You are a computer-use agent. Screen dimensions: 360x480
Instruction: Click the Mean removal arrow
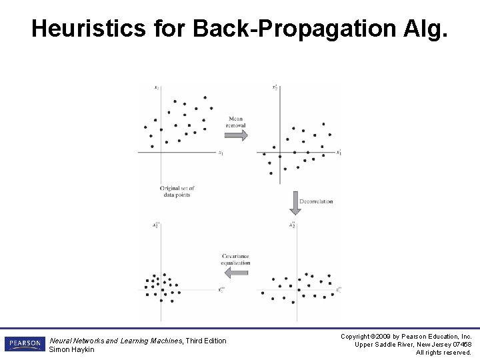(x=235, y=135)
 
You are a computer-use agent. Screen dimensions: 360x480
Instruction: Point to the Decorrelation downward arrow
(x=295, y=202)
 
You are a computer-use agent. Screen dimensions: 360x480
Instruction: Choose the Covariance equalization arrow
(x=235, y=273)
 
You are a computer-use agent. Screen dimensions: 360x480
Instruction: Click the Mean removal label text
(x=236, y=122)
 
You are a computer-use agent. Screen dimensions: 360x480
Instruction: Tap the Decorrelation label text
(x=316, y=201)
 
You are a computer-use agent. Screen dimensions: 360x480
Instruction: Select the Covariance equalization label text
(x=235, y=259)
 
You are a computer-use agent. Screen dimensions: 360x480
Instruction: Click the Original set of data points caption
(x=175, y=192)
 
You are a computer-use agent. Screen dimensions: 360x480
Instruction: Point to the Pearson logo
(x=25, y=343)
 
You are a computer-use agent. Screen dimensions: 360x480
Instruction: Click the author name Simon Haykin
(x=72, y=350)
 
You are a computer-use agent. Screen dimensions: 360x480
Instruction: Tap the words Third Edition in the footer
(x=206, y=341)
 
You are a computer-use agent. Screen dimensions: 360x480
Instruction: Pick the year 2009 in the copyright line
(x=383, y=337)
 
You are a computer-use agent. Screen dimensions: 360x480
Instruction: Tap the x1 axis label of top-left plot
(x=221, y=153)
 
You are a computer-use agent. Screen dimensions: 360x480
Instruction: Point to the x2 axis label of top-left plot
(x=156, y=87)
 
